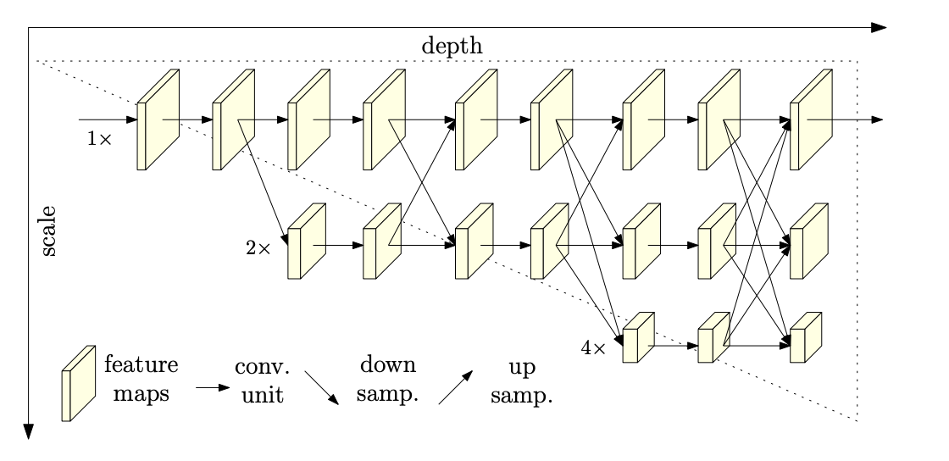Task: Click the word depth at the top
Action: [452, 46]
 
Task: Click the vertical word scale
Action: [48, 230]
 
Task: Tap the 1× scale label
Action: [99, 137]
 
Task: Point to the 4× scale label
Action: [593, 347]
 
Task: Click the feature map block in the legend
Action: [78, 383]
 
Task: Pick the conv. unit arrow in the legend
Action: [213, 387]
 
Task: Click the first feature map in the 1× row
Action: [158, 119]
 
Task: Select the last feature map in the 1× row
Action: [811, 119]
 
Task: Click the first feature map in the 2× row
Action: [308, 242]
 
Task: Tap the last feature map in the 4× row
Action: [806, 337]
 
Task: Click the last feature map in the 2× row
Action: [809, 242]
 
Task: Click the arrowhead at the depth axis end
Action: [880, 27]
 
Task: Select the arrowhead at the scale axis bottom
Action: [28, 431]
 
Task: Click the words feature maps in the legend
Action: [141, 380]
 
